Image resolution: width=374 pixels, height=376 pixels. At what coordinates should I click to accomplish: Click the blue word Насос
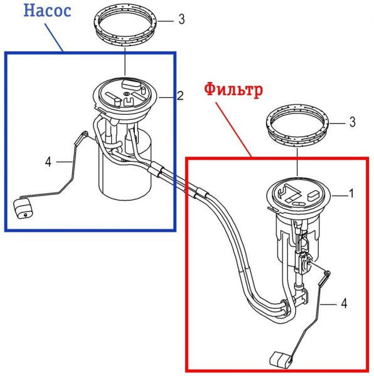click(47, 11)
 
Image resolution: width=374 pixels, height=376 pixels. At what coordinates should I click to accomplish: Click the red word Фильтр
click(233, 89)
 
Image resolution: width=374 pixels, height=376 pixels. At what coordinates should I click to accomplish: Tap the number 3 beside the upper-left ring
click(182, 19)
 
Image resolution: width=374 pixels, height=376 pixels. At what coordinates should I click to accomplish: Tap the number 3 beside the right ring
click(352, 122)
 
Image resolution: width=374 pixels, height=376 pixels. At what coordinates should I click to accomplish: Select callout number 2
click(180, 96)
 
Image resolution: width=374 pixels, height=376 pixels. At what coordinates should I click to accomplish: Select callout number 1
click(351, 193)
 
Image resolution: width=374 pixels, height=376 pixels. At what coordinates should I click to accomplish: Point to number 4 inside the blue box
click(48, 162)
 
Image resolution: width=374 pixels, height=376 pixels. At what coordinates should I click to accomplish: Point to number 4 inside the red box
click(344, 303)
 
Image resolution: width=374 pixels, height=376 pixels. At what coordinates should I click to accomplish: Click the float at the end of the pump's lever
click(23, 209)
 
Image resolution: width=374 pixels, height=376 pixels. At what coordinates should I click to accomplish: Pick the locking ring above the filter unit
click(297, 127)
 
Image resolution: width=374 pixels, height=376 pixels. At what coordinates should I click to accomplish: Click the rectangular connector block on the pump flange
click(131, 85)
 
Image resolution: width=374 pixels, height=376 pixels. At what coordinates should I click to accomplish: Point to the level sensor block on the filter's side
click(304, 263)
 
